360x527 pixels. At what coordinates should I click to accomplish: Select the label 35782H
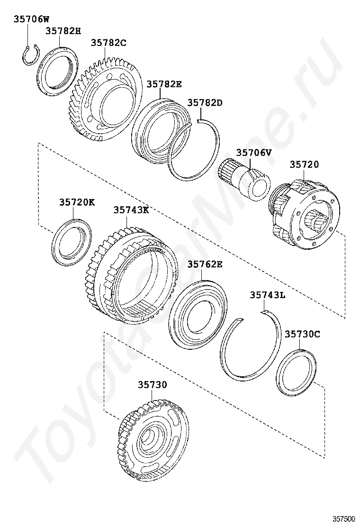(x=63, y=31)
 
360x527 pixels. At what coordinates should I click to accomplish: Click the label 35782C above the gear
(x=108, y=43)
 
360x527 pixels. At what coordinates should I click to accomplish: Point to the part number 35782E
(x=164, y=84)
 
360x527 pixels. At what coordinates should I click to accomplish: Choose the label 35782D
(x=205, y=102)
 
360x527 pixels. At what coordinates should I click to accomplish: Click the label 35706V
(x=254, y=153)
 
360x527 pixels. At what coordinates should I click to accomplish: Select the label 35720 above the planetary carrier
(x=305, y=164)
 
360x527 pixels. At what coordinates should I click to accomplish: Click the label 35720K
(x=77, y=202)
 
